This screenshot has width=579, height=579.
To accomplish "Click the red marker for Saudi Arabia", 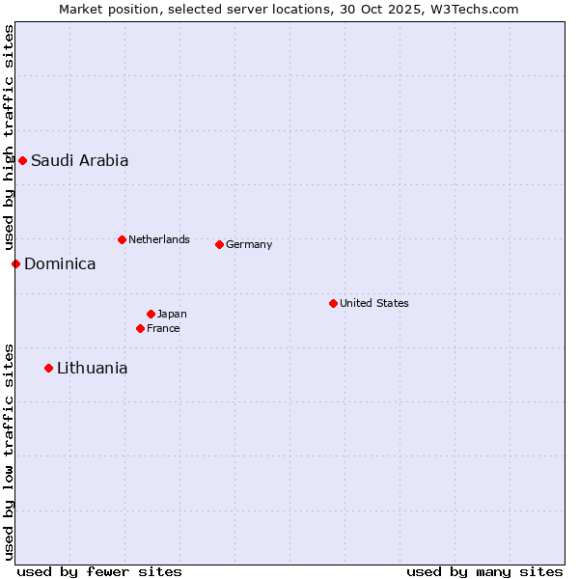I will (x=22, y=160).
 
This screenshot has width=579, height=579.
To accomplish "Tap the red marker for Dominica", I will (x=15, y=263).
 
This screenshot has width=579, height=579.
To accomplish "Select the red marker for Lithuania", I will (x=48, y=368).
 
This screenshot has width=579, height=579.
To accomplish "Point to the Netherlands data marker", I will (x=122, y=239).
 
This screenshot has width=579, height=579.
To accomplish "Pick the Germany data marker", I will (x=219, y=244).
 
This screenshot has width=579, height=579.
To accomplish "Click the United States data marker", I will (x=333, y=303).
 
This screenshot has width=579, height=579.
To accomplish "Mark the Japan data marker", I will (x=151, y=314).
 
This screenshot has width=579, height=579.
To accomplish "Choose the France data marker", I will (x=140, y=328).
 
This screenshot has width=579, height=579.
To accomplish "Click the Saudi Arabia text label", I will (x=79, y=161).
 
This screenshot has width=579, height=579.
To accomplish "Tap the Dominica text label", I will (x=60, y=264).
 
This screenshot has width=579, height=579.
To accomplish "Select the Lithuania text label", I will (x=92, y=369).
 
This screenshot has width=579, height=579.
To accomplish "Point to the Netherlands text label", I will (x=158, y=239).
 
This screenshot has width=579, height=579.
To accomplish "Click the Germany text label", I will (x=249, y=244).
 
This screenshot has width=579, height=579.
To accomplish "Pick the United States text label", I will (x=373, y=303).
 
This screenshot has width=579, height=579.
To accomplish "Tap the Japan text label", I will (x=172, y=314).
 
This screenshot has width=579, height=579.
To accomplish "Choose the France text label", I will (x=163, y=328).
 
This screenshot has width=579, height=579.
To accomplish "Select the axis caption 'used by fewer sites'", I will (x=99, y=571).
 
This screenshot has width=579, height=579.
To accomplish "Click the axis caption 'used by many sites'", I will (x=484, y=571).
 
